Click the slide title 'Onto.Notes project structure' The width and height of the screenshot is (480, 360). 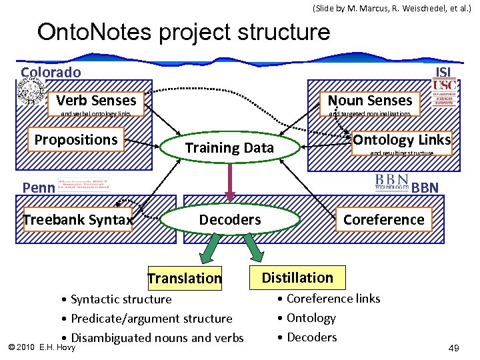(x=183, y=31)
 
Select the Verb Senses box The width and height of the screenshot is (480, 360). (x=96, y=101)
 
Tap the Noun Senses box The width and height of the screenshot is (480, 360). (x=370, y=101)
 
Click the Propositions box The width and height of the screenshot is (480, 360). (x=75, y=140)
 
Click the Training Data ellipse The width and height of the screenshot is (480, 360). (x=229, y=148)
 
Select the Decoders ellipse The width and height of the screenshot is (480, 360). (x=230, y=220)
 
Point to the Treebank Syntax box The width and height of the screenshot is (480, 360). (x=78, y=220)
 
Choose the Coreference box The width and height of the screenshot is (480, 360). (x=383, y=220)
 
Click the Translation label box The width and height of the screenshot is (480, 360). (x=185, y=278)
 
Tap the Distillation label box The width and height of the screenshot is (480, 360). (x=297, y=277)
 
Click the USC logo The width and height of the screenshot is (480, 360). (x=445, y=85)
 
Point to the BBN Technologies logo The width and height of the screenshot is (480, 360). (x=391, y=182)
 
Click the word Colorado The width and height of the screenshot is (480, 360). (x=51, y=73)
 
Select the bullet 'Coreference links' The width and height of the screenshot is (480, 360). (x=333, y=299)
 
